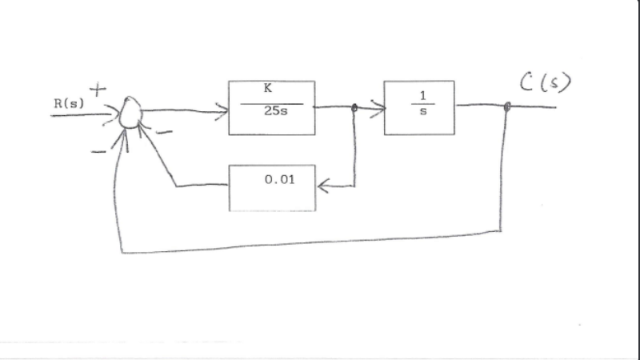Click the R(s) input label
(x=69, y=102)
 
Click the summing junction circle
(x=129, y=114)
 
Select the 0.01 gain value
(x=279, y=179)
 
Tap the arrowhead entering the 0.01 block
(x=322, y=186)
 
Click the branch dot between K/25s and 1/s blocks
(x=354, y=107)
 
